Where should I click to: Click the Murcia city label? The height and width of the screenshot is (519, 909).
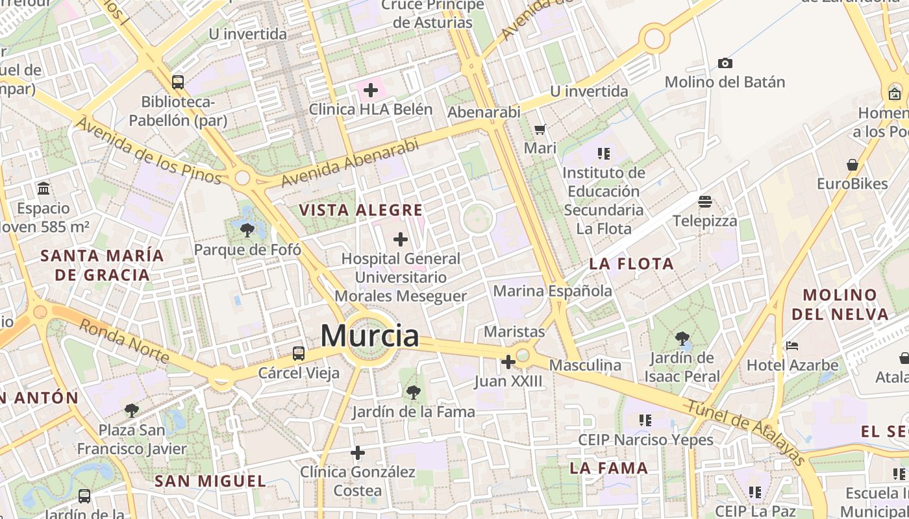click(x=369, y=336)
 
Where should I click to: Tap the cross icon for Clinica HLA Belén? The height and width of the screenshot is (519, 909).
click(x=371, y=90)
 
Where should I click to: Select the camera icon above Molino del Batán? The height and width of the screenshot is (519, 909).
click(x=725, y=63)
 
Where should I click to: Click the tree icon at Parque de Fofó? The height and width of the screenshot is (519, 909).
click(x=247, y=230)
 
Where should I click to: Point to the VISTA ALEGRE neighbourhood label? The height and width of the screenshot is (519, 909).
click(x=361, y=210)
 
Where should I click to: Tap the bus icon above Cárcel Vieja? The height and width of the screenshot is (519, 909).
click(x=299, y=354)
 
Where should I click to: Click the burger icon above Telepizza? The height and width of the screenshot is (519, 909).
click(x=705, y=202)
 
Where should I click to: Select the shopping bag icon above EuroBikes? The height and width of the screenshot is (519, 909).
click(x=853, y=165)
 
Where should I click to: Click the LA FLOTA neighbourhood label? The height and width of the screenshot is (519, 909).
click(x=632, y=263)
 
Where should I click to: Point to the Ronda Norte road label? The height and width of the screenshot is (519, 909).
click(x=124, y=341)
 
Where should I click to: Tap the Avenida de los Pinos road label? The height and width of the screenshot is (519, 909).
click(x=149, y=151)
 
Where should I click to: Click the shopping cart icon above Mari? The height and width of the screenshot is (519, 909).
click(x=540, y=129)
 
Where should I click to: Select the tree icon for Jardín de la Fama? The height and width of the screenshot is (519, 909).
click(x=413, y=392)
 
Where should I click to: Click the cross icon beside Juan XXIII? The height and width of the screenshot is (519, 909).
click(x=508, y=362)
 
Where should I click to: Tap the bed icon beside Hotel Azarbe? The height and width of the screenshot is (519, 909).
click(x=791, y=346)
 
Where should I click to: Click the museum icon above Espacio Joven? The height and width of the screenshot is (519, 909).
click(x=44, y=189)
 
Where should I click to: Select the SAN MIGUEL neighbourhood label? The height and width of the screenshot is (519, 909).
click(x=210, y=481)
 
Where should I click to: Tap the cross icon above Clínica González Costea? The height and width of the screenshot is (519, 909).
click(x=358, y=453)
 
